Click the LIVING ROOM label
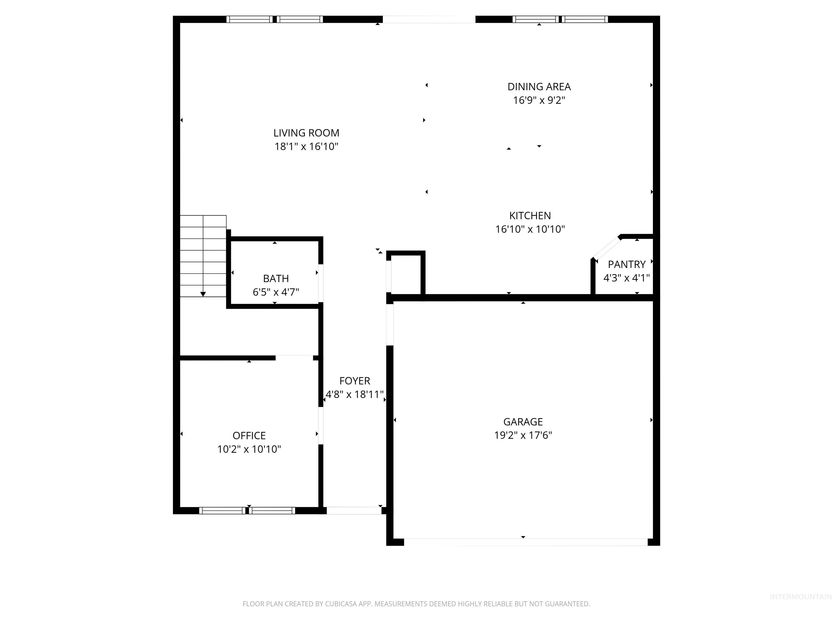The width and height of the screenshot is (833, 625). (x=306, y=133)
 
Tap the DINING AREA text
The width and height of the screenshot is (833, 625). (x=539, y=87)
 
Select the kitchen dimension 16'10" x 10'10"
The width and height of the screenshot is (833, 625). (x=530, y=229)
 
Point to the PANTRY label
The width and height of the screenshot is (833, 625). (x=627, y=264)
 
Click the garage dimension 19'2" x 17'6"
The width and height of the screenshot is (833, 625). (x=523, y=435)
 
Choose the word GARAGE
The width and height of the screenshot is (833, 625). (x=523, y=422)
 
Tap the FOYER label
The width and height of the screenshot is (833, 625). (x=354, y=381)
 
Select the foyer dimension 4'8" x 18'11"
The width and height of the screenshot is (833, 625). (x=354, y=394)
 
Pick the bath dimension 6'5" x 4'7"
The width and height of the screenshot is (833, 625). (x=276, y=292)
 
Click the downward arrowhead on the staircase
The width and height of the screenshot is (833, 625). (x=203, y=294)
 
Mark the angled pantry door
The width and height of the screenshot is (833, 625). (x=606, y=248)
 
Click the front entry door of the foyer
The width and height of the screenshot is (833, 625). (x=354, y=511)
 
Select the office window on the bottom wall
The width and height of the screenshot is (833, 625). (x=247, y=511)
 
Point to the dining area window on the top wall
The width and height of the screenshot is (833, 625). (x=560, y=19)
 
